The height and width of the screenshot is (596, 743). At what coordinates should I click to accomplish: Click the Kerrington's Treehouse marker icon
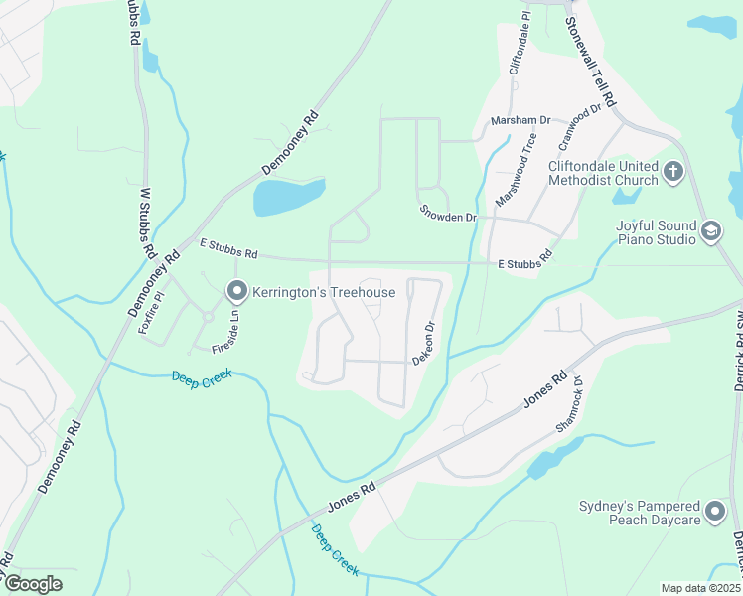(x=236, y=292)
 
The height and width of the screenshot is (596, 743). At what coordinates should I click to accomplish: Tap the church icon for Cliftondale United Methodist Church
(x=673, y=173)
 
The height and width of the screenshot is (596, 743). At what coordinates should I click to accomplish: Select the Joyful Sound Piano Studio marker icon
(x=711, y=232)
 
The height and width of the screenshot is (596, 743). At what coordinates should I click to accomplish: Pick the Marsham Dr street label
(x=520, y=121)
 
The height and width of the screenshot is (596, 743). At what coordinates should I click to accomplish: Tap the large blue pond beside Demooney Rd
(x=288, y=197)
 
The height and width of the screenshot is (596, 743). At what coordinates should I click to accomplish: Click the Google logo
(x=33, y=584)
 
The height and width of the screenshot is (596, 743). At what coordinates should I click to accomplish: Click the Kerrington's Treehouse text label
(x=324, y=292)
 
